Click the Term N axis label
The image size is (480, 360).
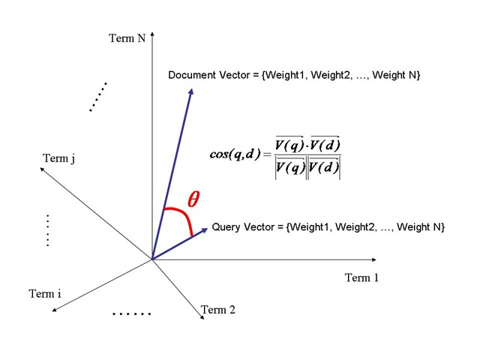click(x=127, y=39)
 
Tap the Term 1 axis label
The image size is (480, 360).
click(x=361, y=278)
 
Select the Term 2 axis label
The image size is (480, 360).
click(x=218, y=309)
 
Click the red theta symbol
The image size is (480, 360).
click(x=193, y=199)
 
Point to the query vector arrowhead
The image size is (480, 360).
click(x=206, y=229)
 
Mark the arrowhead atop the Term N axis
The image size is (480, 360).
click(x=152, y=33)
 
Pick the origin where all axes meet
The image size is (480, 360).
click(x=152, y=259)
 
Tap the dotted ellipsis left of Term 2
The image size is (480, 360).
click(x=131, y=313)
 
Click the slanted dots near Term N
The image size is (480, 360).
click(x=98, y=96)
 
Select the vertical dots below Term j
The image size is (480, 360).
click(x=46, y=231)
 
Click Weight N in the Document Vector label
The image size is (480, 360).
click(x=398, y=76)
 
